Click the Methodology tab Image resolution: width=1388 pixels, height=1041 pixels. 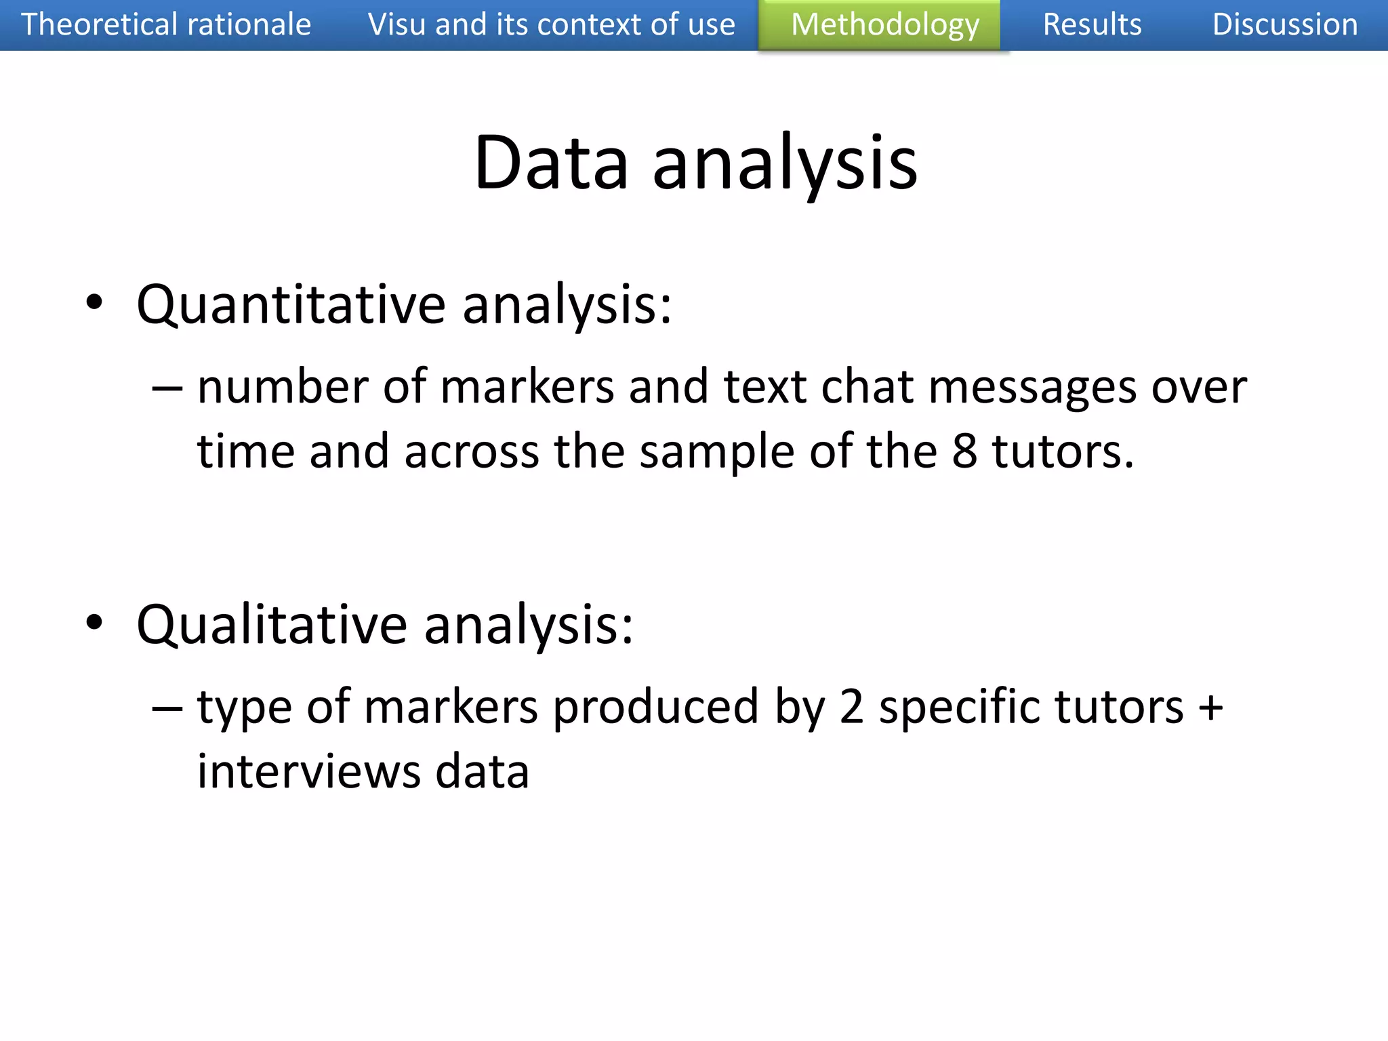coord(884,25)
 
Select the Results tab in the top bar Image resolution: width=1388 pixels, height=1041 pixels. coord(1092,25)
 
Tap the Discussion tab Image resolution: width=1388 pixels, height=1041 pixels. coord(1284,25)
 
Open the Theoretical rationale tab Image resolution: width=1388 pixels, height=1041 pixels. coord(166,25)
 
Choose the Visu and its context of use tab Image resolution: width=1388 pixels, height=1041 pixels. coord(551,25)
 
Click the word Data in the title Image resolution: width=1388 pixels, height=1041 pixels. coord(551,163)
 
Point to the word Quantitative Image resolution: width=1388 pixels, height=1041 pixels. coord(291,305)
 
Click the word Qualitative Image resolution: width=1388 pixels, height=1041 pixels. coord(271,625)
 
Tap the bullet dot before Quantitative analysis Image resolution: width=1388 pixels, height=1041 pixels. coord(95,302)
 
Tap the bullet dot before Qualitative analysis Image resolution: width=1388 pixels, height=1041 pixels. coord(95,622)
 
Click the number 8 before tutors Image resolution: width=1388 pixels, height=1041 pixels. coord(964,451)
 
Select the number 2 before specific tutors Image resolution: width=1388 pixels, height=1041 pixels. coord(851,707)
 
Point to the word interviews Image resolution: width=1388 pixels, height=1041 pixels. coord(309,772)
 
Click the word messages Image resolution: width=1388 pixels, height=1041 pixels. coord(1032,388)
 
